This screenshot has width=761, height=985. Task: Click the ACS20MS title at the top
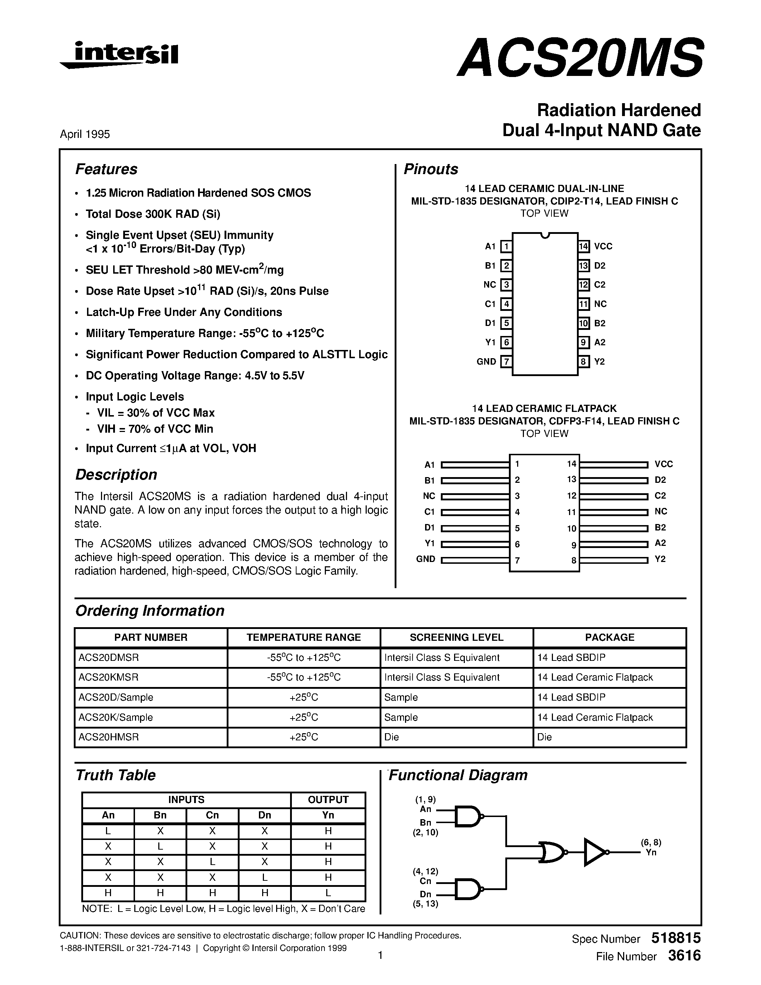[x=580, y=58]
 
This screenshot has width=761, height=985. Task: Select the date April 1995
[x=85, y=134]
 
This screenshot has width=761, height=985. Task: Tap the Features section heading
[x=106, y=169]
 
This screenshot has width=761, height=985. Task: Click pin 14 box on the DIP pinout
[x=584, y=246]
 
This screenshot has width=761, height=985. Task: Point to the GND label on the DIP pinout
[x=486, y=362]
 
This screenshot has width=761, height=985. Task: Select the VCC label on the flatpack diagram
[x=663, y=464]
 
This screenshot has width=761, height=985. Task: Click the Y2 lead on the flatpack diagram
[x=613, y=560]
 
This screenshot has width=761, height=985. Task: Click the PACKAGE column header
[x=610, y=637]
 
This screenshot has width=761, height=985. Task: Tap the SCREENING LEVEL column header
[x=456, y=637]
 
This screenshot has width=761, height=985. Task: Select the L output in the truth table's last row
[x=328, y=893]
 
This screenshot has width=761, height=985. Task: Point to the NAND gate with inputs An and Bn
[x=468, y=816]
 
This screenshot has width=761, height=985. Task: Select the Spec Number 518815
[x=676, y=938]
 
